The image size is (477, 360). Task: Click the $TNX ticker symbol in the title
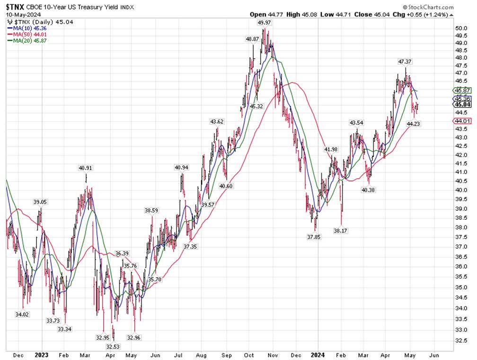(x=15, y=8)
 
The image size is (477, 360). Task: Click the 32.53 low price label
(x=112, y=347)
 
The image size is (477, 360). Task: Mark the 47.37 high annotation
(x=405, y=62)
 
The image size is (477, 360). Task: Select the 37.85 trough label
(x=313, y=237)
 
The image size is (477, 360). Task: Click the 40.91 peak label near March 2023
(x=86, y=167)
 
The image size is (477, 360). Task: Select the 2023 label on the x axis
(x=42, y=354)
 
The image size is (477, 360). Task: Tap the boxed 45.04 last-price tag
(x=461, y=104)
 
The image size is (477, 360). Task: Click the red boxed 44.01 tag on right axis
(x=461, y=121)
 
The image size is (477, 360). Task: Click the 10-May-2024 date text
(x=22, y=15)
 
